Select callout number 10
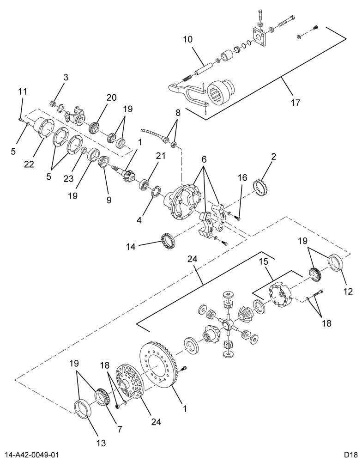[x=188, y=39]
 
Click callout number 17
[x=295, y=103]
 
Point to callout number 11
[x=22, y=91]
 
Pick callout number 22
[x=29, y=164]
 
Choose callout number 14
[x=131, y=247]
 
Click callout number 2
[x=274, y=157]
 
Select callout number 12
[x=348, y=292]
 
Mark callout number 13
[x=101, y=443]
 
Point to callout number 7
[x=120, y=429]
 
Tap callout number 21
[x=161, y=156]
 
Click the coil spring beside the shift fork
[x=187, y=78]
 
